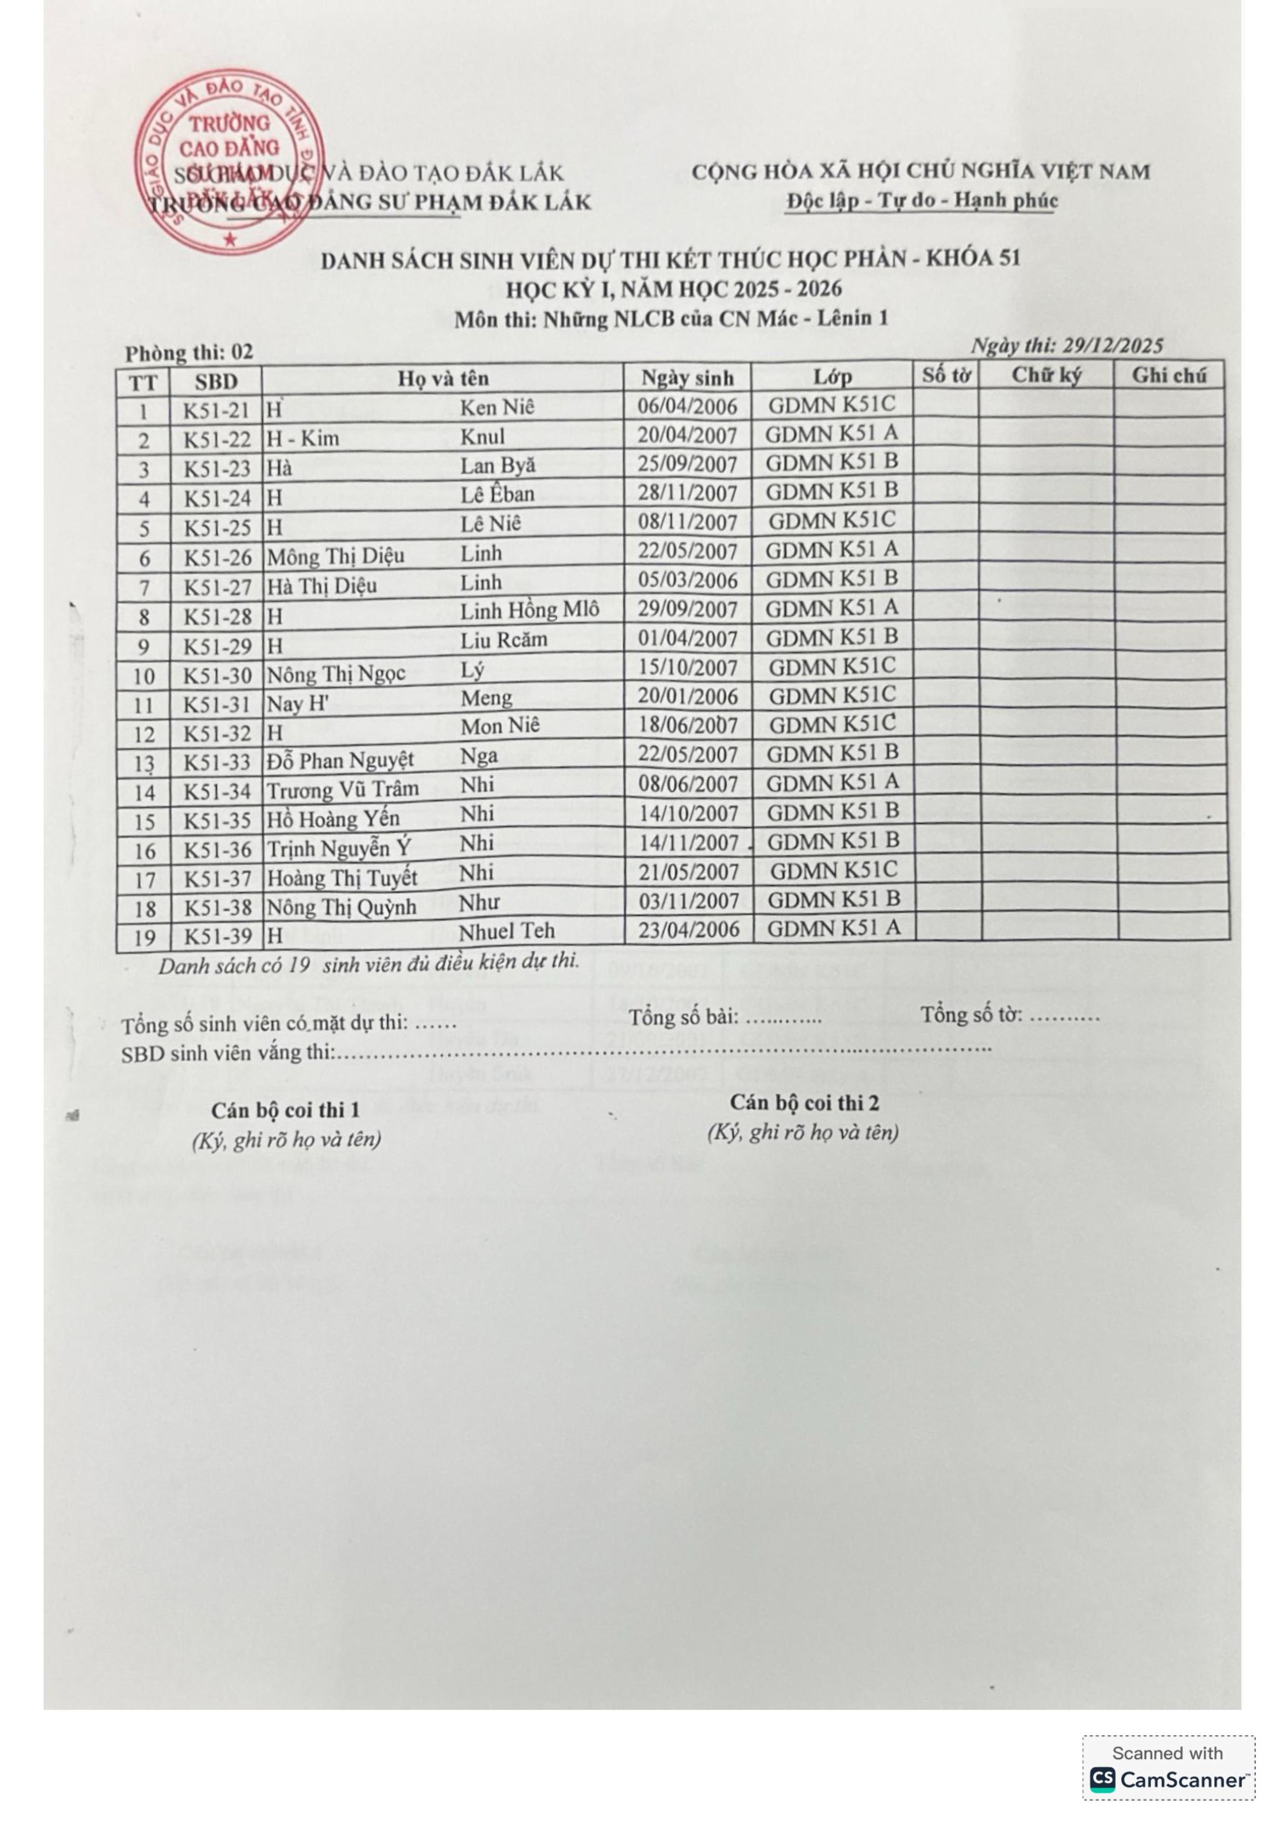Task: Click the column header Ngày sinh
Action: pos(687,377)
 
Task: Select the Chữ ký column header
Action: pos(1046,375)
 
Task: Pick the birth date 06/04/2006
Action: pos(687,407)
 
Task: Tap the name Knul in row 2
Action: pos(482,437)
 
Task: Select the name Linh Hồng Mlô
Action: pos(529,610)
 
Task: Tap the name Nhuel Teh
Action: pos(508,931)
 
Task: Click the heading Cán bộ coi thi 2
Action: pos(804,1103)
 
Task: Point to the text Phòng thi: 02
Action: pos(189,353)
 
